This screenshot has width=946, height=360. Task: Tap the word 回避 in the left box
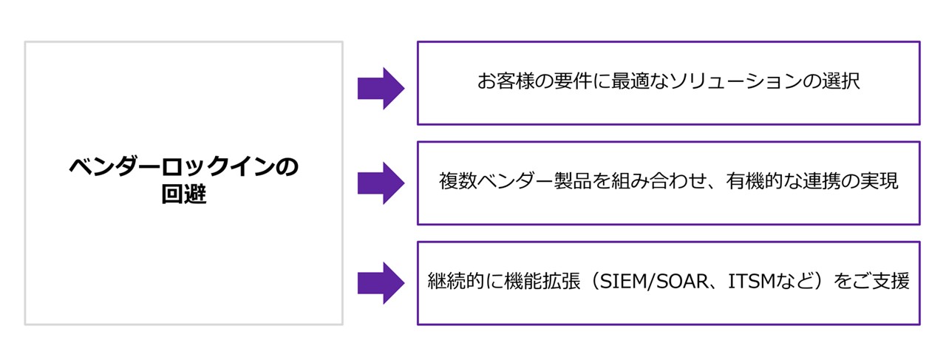click(184, 196)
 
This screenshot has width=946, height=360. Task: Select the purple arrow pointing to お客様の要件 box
click(381, 89)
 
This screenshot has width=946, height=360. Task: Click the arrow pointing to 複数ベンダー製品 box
click(381, 183)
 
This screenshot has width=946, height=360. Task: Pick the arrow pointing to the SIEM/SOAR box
click(381, 282)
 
